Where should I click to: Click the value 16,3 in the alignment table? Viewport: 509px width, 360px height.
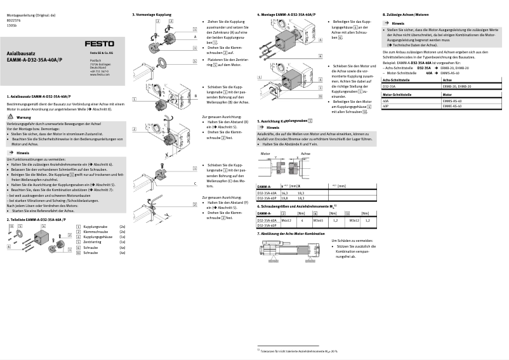(x=284, y=192)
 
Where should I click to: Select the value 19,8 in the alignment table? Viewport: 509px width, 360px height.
(x=284, y=197)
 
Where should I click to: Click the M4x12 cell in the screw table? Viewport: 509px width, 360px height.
(x=286, y=220)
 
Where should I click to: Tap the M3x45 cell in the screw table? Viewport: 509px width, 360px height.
(x=319, y=220)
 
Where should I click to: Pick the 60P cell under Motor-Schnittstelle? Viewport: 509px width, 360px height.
(x=385, y=105)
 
